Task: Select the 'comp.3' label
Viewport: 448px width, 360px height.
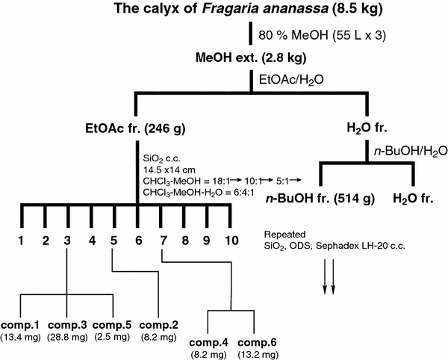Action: pos(69,325)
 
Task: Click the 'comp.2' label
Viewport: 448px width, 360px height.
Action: pos(159,325)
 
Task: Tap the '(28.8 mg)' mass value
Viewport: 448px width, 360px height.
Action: pos(69,337)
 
